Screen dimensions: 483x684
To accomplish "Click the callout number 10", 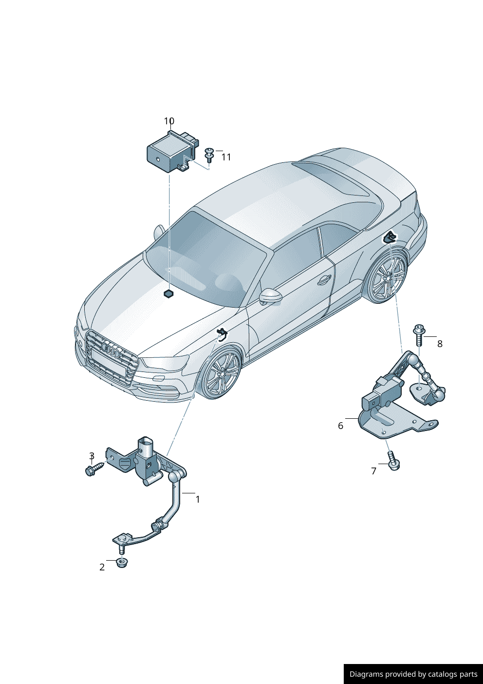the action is click(169, 121).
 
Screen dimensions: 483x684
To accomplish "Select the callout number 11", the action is click(226, 157).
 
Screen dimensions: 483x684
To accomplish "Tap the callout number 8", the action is click(440, 344).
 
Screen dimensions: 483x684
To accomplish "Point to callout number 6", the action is click(341, 426).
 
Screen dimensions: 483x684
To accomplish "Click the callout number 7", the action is click(374, 471).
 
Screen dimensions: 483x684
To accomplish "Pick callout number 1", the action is click(198, 500).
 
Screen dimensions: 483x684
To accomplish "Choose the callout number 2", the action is click(102, 567).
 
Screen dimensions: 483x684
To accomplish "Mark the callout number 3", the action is click(92, 456).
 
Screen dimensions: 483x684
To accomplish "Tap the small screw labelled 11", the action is click(209, 155).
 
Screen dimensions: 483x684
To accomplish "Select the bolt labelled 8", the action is click(419, 335).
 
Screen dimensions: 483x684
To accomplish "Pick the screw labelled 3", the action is click(94, 469).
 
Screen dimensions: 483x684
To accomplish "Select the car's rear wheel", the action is click(388, 277).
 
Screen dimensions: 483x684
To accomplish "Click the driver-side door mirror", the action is click(270, 297).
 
